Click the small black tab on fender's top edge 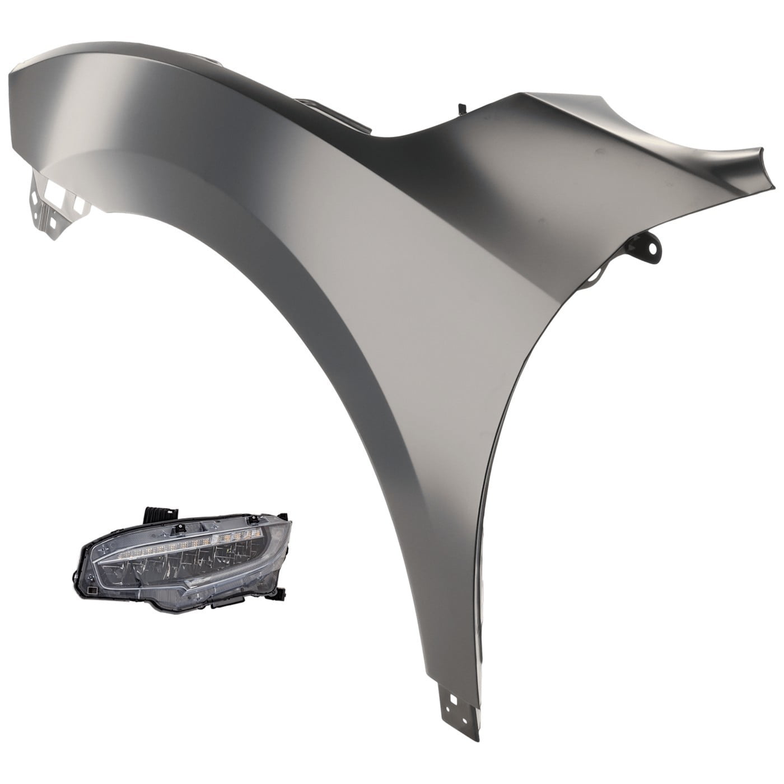pos(461,107)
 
